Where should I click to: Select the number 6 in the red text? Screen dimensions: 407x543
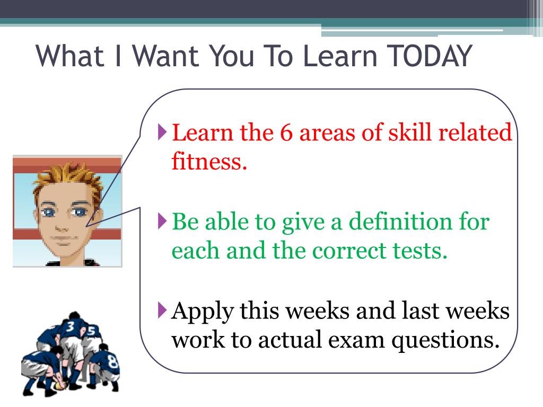point(287,132)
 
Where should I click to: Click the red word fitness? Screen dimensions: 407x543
point(209,161)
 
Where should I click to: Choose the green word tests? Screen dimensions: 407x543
point(422,250)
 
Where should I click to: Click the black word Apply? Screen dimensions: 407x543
point(203,312)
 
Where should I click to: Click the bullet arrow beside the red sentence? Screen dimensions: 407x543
point(163,131)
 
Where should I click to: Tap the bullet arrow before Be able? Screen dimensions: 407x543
point(163,219)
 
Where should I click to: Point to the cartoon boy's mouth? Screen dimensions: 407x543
point(63,238)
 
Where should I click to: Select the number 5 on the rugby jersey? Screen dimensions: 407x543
point(91,332)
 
